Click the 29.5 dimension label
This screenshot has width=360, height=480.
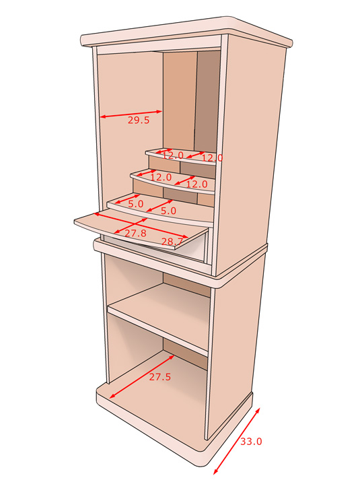coord(139,120)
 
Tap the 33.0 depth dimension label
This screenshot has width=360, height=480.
coord(251,442)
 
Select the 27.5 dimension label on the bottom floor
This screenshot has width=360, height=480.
coord(159,377)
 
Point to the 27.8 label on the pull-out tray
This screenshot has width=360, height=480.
coord(135,233)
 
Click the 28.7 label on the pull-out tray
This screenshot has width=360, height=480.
coord(172,242)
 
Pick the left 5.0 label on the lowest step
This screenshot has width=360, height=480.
coord(135,204)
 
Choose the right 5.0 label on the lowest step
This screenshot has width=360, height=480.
coord(168,211)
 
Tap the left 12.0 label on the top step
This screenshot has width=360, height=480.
coord(173,156)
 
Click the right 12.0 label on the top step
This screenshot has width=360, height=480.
coord(212,158)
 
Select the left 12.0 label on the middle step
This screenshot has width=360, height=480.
coord(161,177)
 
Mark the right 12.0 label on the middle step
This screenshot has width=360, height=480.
coord(197,184)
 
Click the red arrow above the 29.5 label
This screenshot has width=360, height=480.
coord(131,114)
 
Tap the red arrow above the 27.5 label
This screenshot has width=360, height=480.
coord(142,376)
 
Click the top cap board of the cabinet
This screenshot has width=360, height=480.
coord(186,32)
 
